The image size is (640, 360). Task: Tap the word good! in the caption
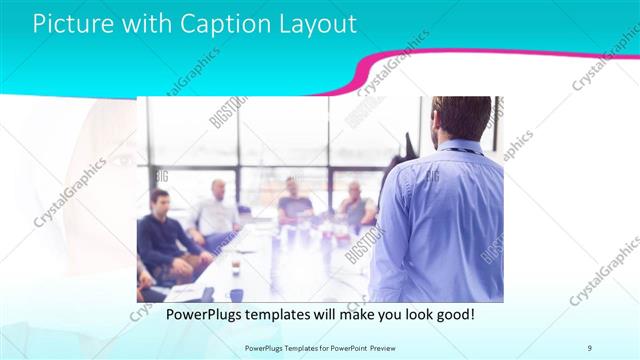click(453, 314)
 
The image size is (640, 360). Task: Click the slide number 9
click(590, 346)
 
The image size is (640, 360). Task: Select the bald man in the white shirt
click(217, 210)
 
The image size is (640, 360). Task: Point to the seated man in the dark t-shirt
click(294, 200)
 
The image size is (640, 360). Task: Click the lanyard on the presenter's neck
click(461, 151)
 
